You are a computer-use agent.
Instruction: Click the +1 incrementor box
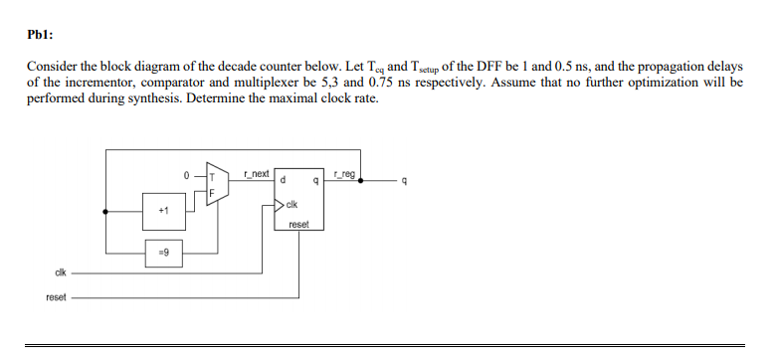click(163, 211)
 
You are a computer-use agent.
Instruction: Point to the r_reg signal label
click(343, 175)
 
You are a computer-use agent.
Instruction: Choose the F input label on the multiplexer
click(211, 193)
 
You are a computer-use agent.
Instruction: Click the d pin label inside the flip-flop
click(285, 182)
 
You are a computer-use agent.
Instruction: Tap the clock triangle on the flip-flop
click(279, 206)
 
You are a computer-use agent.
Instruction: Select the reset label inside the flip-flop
click(298, 225)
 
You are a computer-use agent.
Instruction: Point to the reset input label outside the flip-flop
click(56, 295)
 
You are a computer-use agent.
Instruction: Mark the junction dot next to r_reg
click(360, 182)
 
